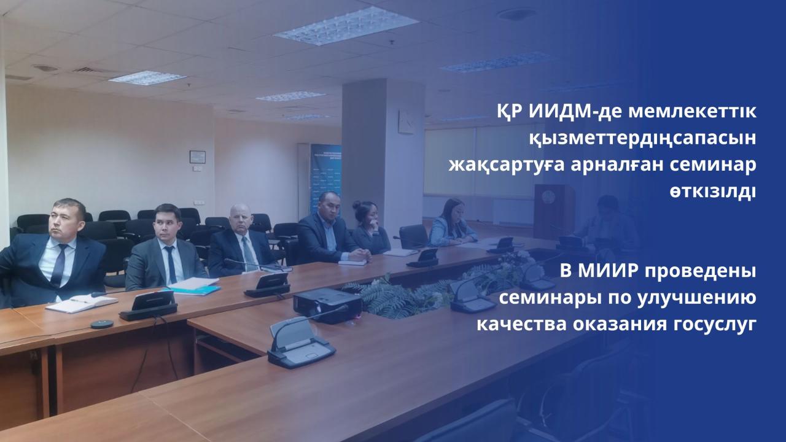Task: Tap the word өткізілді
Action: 712,192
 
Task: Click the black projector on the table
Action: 327,304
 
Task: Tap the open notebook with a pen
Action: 82,303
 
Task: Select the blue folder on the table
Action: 196,289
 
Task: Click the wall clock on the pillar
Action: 407,122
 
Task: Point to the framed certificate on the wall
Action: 198,157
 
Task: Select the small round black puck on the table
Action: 102,324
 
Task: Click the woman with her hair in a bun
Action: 370,227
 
